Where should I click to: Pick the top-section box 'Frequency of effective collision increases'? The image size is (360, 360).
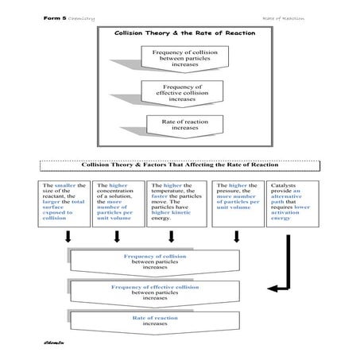pos(180,92)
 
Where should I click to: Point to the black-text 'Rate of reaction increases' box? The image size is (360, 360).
pos(180,124)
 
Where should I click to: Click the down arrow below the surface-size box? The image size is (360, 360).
pos(69,238)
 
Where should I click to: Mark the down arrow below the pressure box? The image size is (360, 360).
pos(237,238)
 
